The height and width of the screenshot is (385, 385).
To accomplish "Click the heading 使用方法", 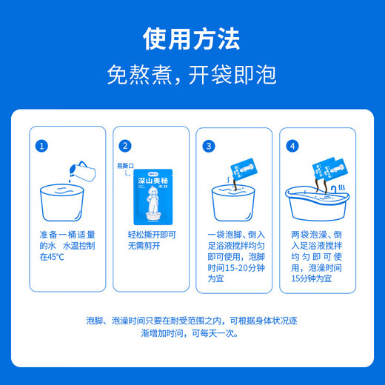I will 192,38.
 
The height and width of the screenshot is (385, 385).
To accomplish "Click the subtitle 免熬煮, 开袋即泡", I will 192,75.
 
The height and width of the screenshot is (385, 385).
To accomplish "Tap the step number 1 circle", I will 43,146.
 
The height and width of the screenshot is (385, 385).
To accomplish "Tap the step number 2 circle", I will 125,146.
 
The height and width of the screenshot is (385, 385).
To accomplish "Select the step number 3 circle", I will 209,146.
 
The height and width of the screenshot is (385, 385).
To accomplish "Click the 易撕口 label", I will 127,165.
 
